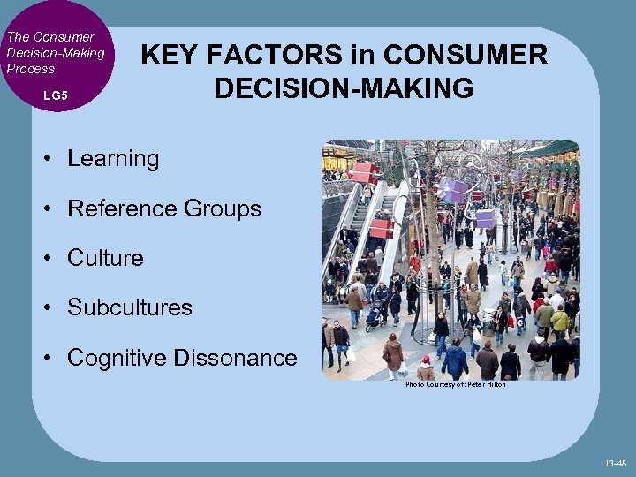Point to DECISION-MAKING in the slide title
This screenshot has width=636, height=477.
[x=344, y=88]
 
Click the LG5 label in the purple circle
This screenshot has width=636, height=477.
[x=55, y=94]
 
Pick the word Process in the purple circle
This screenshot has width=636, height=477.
[x=31, y=69]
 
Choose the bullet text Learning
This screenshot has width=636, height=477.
[x=113, y=159]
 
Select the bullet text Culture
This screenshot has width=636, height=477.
[x=105, y=258]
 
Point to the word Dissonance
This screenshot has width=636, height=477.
[x=236, y=358]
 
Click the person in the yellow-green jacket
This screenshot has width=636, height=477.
[x=559, y=319]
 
